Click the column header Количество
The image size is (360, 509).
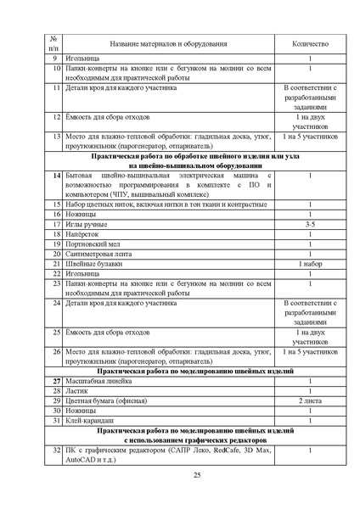click(309, 43)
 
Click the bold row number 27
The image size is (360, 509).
click(55, 381)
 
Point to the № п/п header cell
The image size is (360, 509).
click(53, 43)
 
